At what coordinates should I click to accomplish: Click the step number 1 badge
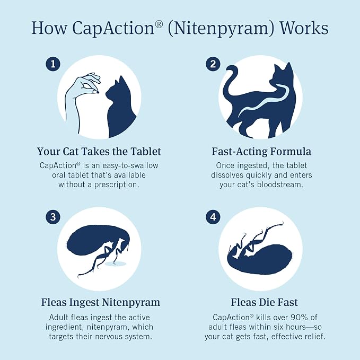[x=53, y=64]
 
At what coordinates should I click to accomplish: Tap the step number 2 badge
[x=213, y=64]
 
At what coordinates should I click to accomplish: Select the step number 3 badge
[x=53, y=217]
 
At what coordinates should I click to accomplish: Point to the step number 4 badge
[x=213, y=217]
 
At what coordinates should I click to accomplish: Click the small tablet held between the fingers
[x=98, y=92]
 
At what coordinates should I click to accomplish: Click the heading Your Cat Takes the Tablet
[x=99, y=152]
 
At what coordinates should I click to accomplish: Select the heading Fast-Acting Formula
[x=261, y=152]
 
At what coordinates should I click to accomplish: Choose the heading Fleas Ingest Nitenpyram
[x=101, y=302]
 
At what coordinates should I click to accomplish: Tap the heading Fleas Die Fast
[x=264, y=302]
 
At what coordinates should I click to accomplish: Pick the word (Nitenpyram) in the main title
[x=221, y=29]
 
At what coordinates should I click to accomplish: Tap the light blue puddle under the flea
[x=116, y=264]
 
